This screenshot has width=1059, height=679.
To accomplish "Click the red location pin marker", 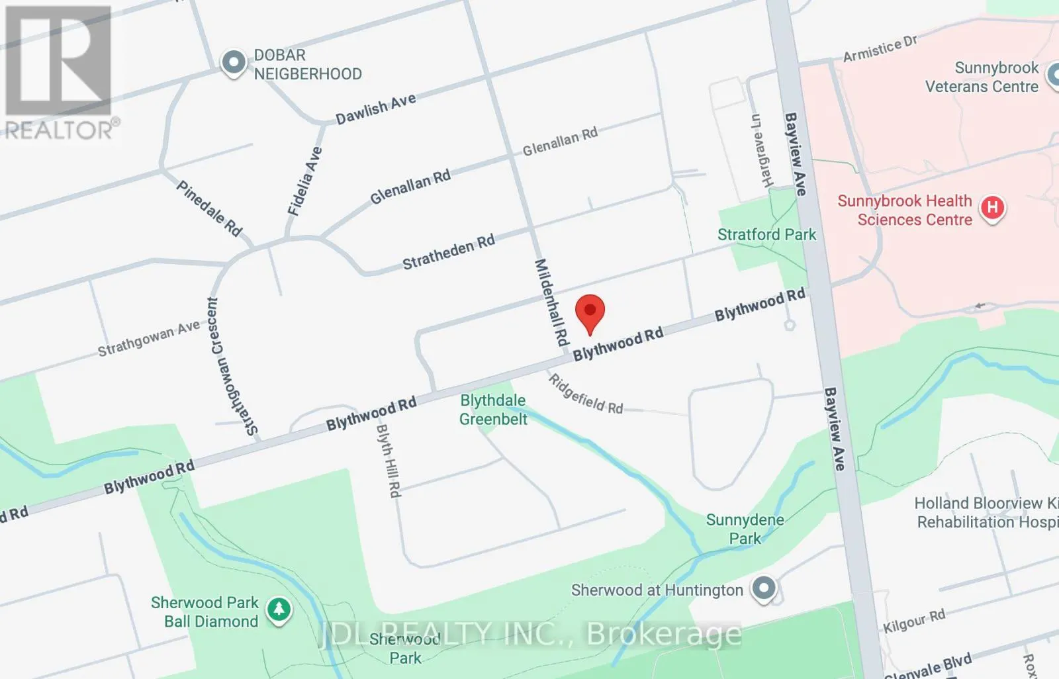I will [x=590, y=312].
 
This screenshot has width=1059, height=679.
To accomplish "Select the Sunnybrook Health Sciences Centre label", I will [x=905, y=210].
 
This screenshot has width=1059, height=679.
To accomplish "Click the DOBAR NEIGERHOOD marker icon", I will [x=233, y=64].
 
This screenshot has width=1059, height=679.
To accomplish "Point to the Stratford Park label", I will [x=766, y=234].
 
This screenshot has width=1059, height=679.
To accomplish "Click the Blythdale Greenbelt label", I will [x=493, y=410].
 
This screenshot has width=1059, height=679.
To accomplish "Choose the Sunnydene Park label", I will [x=745, y=529].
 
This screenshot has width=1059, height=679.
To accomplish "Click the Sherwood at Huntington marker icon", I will [x=764, y=588].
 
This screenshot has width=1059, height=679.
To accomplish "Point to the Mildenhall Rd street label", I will [x=551, y=302].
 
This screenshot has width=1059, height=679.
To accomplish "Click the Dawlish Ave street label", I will [x=376, y=109].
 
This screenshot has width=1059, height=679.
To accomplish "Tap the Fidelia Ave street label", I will [x=304, y=181].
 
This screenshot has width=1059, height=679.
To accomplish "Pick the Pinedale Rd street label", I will [x=209, y=208].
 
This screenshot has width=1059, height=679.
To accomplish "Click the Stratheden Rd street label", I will [x=449, y=252].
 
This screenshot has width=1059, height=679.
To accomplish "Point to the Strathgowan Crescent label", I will [x=231, y=366].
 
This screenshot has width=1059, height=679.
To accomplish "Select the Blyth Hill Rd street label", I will [x=389, y=461].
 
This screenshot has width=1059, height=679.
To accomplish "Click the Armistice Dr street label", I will [x=880, y=49].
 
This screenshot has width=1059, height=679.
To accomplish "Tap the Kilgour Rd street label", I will [x=914, y=621].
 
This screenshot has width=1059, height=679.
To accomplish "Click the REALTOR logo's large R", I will [x=58, y=61].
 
